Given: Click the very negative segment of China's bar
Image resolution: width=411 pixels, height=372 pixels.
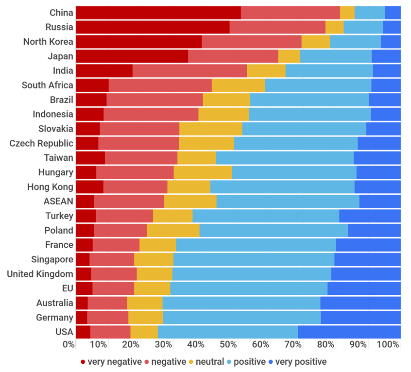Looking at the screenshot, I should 158,13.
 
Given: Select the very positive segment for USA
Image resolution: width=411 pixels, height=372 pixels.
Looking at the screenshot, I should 349,332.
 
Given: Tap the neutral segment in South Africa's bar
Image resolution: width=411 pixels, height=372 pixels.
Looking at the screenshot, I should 238,85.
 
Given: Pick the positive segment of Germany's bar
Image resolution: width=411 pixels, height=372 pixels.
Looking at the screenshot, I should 241,318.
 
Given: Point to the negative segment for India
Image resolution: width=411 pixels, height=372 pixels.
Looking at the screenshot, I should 189,71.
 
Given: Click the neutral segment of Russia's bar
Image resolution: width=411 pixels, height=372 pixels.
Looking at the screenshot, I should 334,27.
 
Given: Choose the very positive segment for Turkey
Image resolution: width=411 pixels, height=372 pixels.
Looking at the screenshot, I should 370,216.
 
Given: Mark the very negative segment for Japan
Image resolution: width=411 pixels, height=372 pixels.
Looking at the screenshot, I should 132,56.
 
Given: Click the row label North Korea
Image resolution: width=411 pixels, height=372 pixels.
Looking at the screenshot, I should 48,42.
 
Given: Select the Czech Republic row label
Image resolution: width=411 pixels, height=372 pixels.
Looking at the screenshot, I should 41,143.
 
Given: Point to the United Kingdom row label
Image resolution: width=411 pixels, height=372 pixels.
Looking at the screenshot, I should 40,274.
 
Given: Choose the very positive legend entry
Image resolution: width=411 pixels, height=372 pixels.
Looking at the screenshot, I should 300,362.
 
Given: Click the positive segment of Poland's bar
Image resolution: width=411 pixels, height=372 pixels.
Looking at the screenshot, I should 274,231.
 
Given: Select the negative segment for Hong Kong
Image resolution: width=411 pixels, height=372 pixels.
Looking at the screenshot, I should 135,187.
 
